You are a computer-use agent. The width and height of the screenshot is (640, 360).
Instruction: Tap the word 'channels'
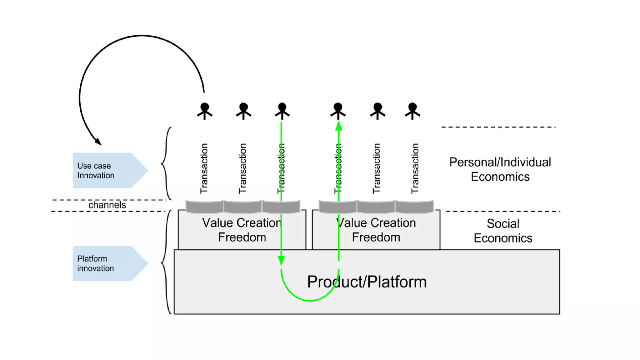click(x=107, y=205)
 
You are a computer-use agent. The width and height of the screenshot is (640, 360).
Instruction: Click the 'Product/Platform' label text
click(x=367, y=282)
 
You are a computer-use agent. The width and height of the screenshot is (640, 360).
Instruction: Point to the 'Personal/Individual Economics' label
click(x=500, y=169)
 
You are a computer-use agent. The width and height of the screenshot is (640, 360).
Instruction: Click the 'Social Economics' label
click(x=503, y=231)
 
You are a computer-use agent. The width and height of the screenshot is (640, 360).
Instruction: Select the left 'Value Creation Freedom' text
click(x=242, y=230)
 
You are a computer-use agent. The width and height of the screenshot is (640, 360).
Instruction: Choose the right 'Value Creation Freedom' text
click(x=376, y=230)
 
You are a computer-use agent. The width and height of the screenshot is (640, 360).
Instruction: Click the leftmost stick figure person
click(x=205, y=111)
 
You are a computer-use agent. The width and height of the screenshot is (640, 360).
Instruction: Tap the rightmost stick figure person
click(x=412, y=111)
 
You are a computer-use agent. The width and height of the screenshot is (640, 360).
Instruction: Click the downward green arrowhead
click(x=281, y=260)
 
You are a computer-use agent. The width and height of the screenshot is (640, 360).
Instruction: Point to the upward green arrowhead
click(x=339, y=126)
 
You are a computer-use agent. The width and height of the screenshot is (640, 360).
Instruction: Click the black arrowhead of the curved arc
click(x=98, y=142)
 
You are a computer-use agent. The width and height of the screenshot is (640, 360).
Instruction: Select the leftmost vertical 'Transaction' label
click(x=204, y=168)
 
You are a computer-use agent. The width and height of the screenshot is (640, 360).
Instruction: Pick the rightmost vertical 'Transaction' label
click(x=415, y=168)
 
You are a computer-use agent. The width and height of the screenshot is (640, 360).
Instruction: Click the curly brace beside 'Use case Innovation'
click(x=166, y=163)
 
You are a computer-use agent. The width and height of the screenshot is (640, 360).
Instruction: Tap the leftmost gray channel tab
click(x=205, y=206)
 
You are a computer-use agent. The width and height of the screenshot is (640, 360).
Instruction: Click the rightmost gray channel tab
click(x=414, y=206)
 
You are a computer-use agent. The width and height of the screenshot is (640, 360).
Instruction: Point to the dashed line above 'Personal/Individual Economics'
click(x=498, y=127)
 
